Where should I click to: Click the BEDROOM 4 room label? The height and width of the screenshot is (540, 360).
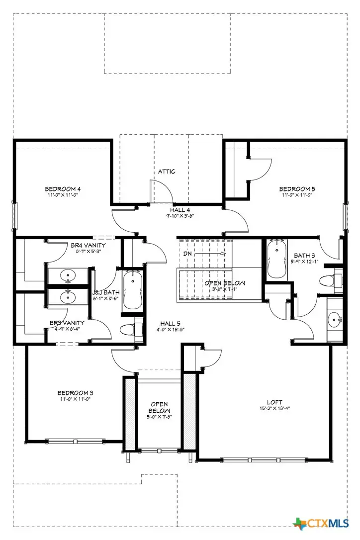pos(63,189)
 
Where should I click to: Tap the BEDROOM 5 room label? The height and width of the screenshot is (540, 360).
pos(297,189)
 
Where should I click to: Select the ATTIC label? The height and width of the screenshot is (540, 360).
pos(167,172)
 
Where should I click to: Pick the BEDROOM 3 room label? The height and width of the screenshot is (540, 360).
pos(76,393)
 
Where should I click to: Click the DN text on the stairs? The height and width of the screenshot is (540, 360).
pos(187,253)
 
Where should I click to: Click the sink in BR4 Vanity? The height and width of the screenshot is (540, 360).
pos(68,275)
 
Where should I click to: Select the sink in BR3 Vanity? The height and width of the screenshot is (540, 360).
pos(68,297)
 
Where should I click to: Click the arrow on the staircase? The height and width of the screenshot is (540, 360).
pos(211,254)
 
